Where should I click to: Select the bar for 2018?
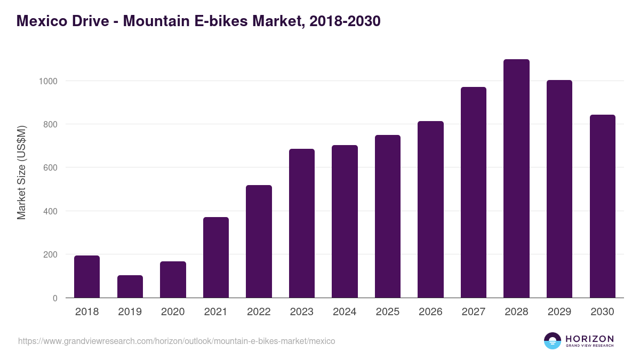click(x=87, y=277)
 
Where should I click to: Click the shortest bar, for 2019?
click(x=130, y=286)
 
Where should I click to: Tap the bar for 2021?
click(x=216, y=258)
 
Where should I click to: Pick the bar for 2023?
click(x=302, y=223)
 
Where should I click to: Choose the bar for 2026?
click(x=430, y=210)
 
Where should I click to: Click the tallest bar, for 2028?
click(x=516, y=179)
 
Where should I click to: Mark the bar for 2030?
click(x=602, y=206)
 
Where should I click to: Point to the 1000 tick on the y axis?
click(x=47, y=81)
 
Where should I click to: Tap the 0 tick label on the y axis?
click(x=55, y=298)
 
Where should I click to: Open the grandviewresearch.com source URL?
click(x=177, y=341)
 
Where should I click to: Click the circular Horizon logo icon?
click(x=553, y=341)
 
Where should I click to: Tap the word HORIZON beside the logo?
click(x=590, y=338)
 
